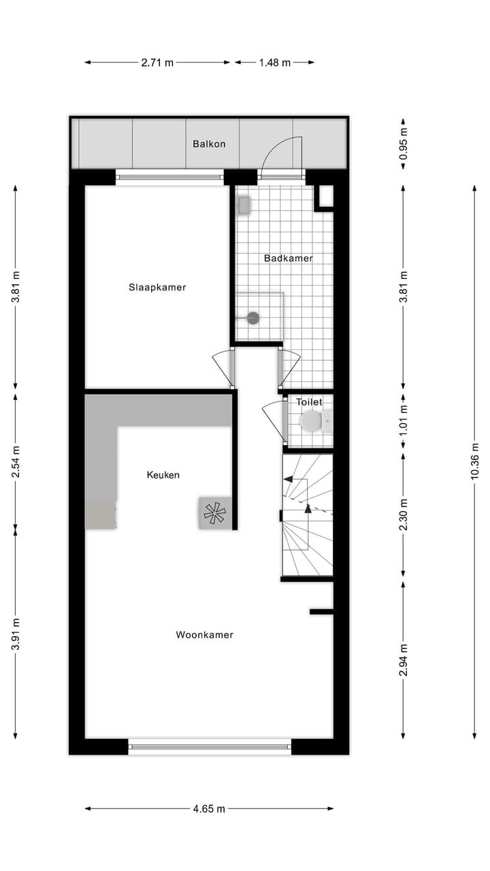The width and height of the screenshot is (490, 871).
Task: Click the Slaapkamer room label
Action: coord(157,287)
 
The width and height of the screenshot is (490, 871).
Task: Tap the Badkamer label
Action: coord(289,258)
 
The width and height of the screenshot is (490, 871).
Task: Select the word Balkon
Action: coord(209,144)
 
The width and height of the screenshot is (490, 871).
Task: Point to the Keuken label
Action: coord(163,474)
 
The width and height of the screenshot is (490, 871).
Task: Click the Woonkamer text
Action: coord(205,635)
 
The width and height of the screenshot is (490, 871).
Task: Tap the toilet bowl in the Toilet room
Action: coord(311,421)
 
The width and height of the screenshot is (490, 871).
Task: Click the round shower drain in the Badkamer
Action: coord(253,317)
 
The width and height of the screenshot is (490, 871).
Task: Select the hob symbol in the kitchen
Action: coord(214,513)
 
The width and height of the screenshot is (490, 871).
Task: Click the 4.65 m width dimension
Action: coord(209,809)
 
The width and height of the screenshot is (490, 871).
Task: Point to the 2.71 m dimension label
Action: coord(157,63)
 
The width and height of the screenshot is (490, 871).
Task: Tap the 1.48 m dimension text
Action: coord(274,63)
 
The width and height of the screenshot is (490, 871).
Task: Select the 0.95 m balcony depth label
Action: coord(403,144)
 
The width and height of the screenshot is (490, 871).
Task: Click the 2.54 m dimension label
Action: coord(15,461)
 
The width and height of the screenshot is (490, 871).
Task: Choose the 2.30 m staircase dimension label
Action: coord(403,514)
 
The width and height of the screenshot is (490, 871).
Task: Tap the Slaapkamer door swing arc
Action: coord(223,367)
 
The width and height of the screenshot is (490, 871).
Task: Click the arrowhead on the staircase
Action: coord(308,508)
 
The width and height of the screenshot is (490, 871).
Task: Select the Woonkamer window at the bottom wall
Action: coord(210,746)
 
